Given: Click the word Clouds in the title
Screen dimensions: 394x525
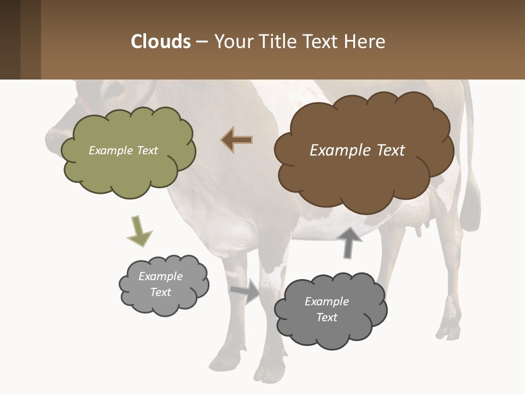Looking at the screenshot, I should point(160,42).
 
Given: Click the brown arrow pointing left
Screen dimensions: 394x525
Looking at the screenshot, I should point(237,140).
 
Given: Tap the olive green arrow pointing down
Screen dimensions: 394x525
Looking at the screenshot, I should point(139,231).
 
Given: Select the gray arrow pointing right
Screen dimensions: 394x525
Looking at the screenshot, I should point(246,291).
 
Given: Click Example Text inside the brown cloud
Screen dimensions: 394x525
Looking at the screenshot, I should point(357,150).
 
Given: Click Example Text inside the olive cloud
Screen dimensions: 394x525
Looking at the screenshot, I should point(123,150).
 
